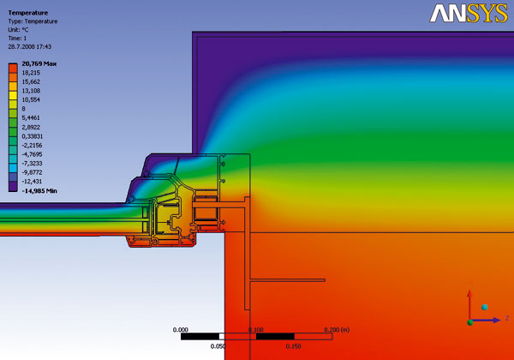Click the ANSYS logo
pyautogui.click(x=469, y=14)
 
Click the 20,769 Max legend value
pyautogui.click(x=39, y=63)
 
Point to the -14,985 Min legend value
pyautogui.click(x=39, y=191)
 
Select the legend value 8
pyautogui.click(x=24, y=109)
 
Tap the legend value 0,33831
pyautogui.click(x=33, y=136)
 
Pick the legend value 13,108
pyautogui.click(x=31, y=91)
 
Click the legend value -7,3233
pyautogui.click(x=32, y=163)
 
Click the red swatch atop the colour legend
pyautogui.click(x=13, y=69)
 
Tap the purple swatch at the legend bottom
pyautogui.click(x=13, y=186)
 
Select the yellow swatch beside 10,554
pyautogui.click(x=13, y=95)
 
